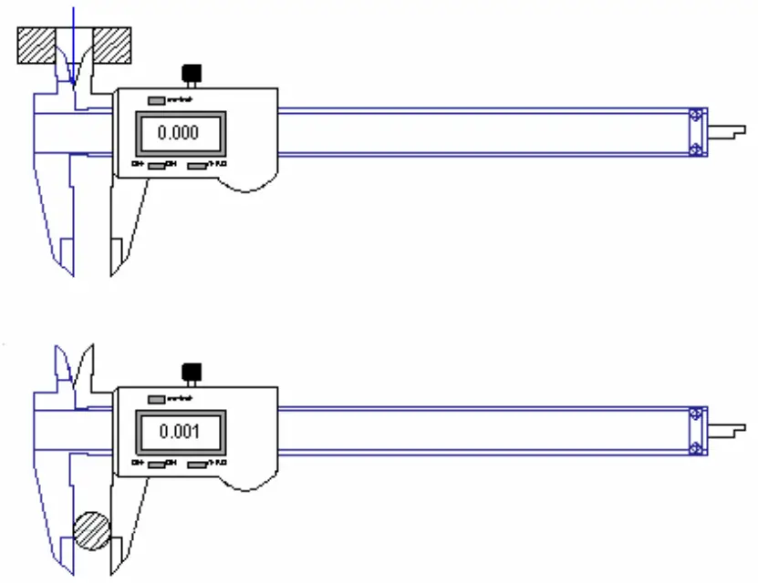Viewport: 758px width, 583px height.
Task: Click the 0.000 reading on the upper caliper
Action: pos(178,133)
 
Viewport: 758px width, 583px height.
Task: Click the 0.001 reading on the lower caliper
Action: pos(178,432)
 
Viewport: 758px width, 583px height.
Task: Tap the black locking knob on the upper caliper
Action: pos(192,73)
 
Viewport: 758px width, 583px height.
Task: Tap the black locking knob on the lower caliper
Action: pos(192,372)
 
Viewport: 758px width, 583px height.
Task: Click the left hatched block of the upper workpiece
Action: pos(36,45)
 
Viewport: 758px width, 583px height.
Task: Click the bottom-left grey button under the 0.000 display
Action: pos(157,166)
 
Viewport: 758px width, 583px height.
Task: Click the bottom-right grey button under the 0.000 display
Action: pos(198,166)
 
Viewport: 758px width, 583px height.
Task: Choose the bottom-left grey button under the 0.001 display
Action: pos(157,465)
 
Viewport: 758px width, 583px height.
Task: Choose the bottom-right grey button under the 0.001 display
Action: pos(198,465)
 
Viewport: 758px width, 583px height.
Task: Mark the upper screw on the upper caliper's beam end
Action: pos(696,116)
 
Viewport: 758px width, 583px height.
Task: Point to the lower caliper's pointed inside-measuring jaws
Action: pos(73,364)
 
